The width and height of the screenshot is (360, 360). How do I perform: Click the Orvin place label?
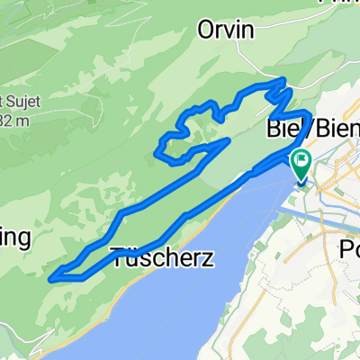[226, 31]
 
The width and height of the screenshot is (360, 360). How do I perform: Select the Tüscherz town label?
[162, 258]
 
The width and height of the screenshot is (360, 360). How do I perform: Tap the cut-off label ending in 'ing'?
[15, 238]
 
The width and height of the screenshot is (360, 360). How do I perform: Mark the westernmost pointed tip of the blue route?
[51, 277]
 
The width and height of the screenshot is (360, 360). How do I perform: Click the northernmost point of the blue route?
[284, 81]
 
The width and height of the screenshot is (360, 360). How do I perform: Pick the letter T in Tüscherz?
[118, 258]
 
